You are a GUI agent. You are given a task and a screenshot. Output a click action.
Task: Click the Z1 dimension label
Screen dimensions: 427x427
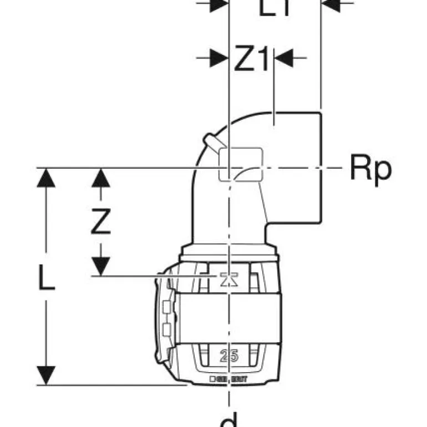pyautogui.click(x=251, y=60)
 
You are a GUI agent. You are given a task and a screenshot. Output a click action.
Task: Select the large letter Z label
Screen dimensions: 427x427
pyautogui.click(x=100, y=223)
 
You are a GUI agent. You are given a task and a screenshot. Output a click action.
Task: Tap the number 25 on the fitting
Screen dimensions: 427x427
pyautogui.click(x=228, y=356)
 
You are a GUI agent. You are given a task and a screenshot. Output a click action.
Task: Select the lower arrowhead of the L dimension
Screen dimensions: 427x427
pyautogui.click(x=47, y=374)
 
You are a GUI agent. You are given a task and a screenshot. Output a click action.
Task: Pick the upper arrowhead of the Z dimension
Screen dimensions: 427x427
pyautogui.click(x=100, y=178)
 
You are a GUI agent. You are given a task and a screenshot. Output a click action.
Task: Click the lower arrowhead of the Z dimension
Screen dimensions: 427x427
pyautogui.click(x=100, y=266)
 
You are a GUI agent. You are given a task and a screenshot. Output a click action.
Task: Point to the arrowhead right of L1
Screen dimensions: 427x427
pyautogui.click(x=331, y=4)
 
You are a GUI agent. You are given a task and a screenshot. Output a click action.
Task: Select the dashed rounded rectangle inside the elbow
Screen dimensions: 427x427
pyautogui.click(x=241, y=164)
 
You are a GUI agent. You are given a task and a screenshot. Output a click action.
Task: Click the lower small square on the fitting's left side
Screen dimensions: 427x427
pyautogui.click(x=166, y=331)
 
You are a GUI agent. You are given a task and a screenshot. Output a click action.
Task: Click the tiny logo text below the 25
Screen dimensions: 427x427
pyautogui.click(x=228, y=379)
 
